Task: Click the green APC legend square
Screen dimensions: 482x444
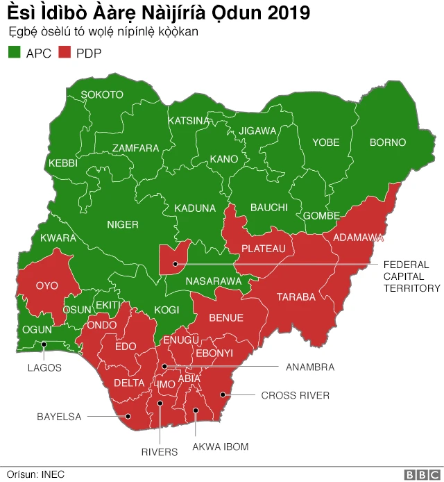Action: click(14, 53)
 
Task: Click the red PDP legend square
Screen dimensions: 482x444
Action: click(65, 53)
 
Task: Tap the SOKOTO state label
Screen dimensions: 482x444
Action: click(102, 94)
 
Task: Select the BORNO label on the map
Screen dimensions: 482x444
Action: click(387, 142)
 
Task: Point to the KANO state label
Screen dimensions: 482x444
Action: click(223, 159)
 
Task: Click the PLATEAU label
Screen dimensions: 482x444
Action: click(263, 249)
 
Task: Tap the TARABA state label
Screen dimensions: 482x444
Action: click(296, 297)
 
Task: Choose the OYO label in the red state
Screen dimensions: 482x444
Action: click(47, 285)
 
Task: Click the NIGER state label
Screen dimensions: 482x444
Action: click(123, 224)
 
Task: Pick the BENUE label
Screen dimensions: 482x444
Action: click(226, 318)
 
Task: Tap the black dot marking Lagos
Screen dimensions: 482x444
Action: click(44, 344)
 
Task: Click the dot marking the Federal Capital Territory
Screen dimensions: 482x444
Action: click(175, 264)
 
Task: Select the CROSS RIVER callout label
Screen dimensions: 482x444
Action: click(295, 395)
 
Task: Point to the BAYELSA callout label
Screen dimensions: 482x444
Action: click(59, 417)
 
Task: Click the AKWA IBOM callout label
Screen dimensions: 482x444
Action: click(220, 447)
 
